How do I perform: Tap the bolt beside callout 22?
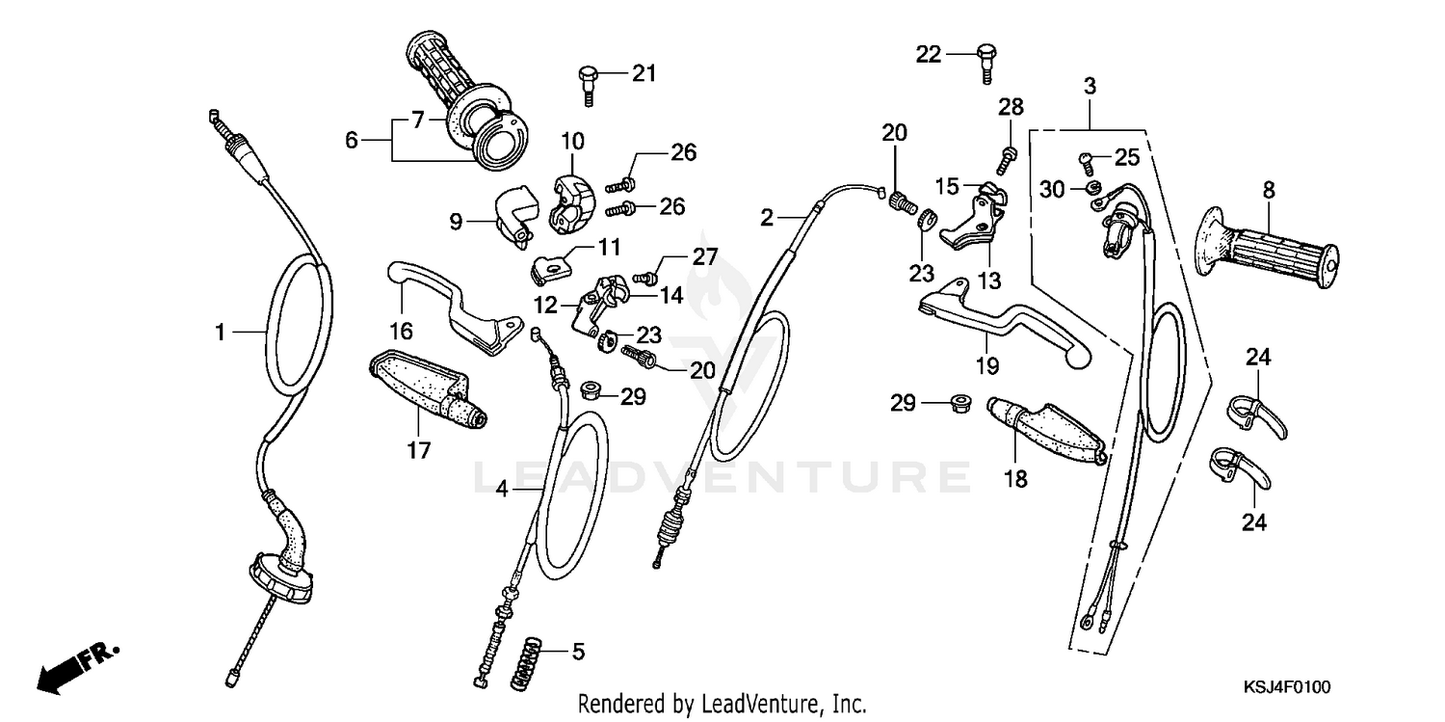[984, 59]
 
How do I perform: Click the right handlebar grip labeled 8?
[1266, 250]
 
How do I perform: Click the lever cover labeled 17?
[424, 393]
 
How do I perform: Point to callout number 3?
[1090, 86]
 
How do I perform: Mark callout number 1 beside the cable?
[221, 333]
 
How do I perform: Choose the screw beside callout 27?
[648, 278]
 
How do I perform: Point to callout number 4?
[502, 490]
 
